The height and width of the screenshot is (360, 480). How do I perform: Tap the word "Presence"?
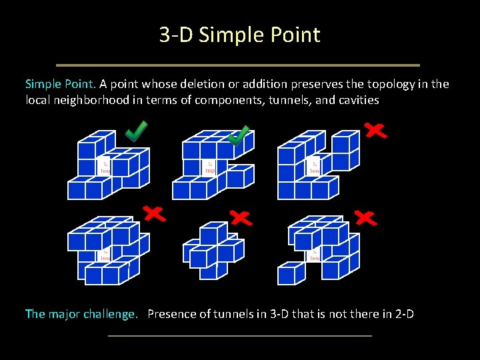(171, 313)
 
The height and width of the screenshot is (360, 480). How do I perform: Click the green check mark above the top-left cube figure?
(137, 131)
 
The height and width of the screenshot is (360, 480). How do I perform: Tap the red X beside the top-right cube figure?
(376, 130)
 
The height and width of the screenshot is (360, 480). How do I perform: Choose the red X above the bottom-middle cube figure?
(241, 217)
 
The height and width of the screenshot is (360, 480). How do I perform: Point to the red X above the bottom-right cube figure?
(366, 217)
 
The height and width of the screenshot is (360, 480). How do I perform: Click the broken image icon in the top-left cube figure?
(105, 167)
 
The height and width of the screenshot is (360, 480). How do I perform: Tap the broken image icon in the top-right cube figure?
(315, 167)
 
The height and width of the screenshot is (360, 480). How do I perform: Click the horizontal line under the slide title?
(238, 65)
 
